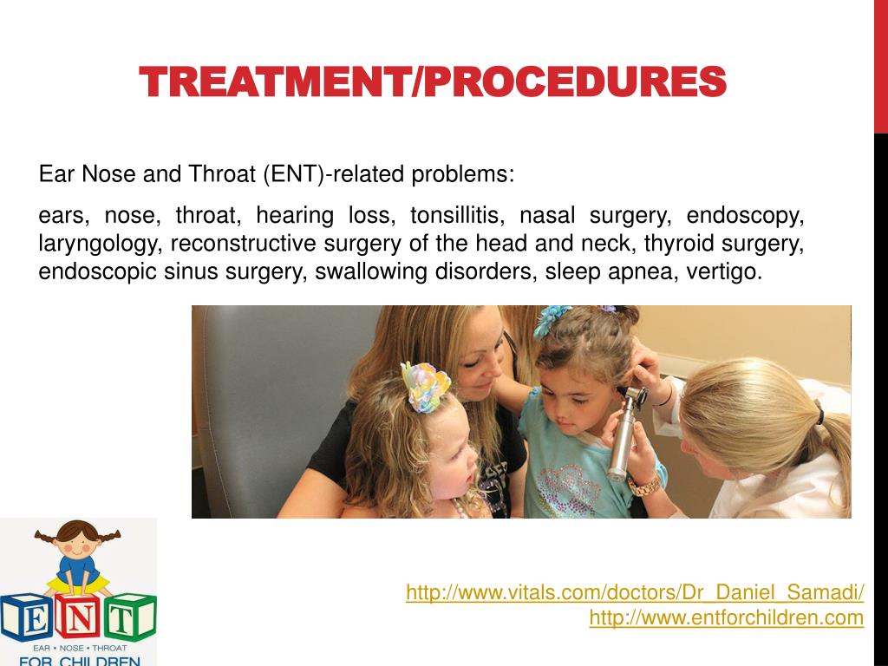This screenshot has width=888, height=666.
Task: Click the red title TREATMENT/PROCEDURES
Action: (433, 82)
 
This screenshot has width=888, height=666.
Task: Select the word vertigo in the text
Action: (724, 271)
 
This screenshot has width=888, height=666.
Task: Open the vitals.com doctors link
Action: (635, 592)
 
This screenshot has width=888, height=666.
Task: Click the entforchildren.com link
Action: (727, 617)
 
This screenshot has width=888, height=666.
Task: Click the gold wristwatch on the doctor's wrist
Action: (644, 486)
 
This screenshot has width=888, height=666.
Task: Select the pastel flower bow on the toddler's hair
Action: (424, 387)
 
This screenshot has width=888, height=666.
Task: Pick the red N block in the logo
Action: (78, 617)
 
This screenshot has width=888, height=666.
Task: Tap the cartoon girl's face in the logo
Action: (77, 541)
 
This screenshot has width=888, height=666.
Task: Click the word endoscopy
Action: (745, 216)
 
